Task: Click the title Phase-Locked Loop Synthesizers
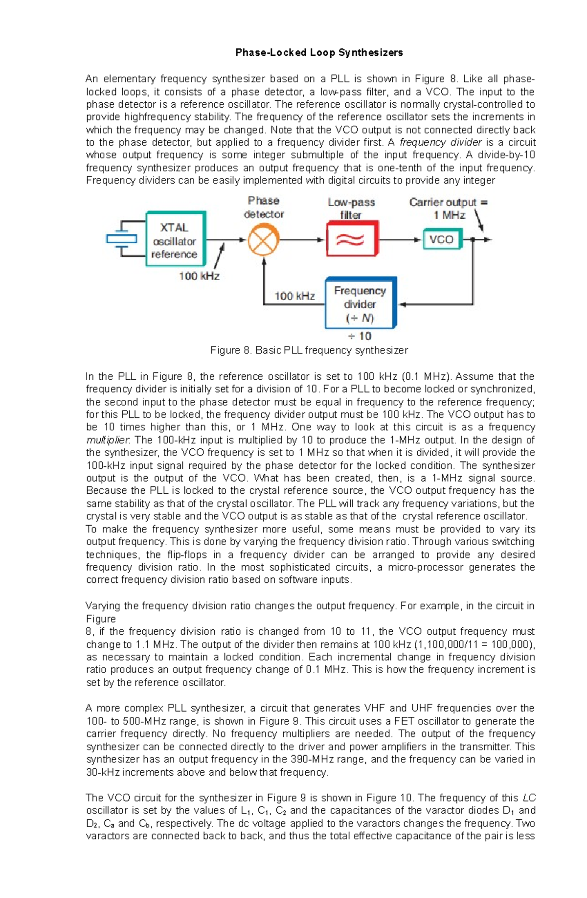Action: coord(319,52)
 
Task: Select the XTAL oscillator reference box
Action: coord(176,239)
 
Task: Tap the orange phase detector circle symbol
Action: coord(263,240)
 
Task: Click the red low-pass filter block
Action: coord(352,239)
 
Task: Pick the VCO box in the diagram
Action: coord(442,240)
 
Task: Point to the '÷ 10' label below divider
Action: coord(360,337)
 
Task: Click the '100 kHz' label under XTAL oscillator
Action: coord(199,276)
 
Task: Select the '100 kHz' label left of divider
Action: coord(294,296)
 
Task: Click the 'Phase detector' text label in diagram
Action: coord(264,207)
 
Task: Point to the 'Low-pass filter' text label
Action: coord(351,208)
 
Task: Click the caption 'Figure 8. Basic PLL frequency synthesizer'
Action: coord(309,350)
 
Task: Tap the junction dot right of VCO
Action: coord(473,240)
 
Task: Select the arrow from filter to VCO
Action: coord(400,240)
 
